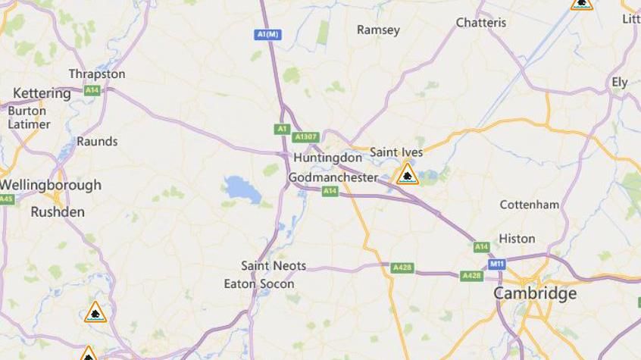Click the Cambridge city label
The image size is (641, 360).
535,293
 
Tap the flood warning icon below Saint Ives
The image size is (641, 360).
408,175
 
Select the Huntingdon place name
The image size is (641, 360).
327,158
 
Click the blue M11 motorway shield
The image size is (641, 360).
496,264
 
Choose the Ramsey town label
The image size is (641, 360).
378,30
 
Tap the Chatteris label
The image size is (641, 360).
480,23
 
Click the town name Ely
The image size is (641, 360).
620,82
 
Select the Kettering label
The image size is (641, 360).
42,93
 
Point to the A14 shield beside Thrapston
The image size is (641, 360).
92,90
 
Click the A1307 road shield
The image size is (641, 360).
305,137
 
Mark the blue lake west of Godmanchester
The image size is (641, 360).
240,188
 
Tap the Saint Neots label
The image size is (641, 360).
274,265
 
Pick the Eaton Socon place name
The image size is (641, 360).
258,284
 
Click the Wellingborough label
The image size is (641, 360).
50,185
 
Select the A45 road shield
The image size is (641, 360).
6,199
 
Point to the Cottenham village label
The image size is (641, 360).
529,205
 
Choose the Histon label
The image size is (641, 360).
516,239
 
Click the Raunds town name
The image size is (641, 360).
97,141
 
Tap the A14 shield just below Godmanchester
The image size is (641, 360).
330,192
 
